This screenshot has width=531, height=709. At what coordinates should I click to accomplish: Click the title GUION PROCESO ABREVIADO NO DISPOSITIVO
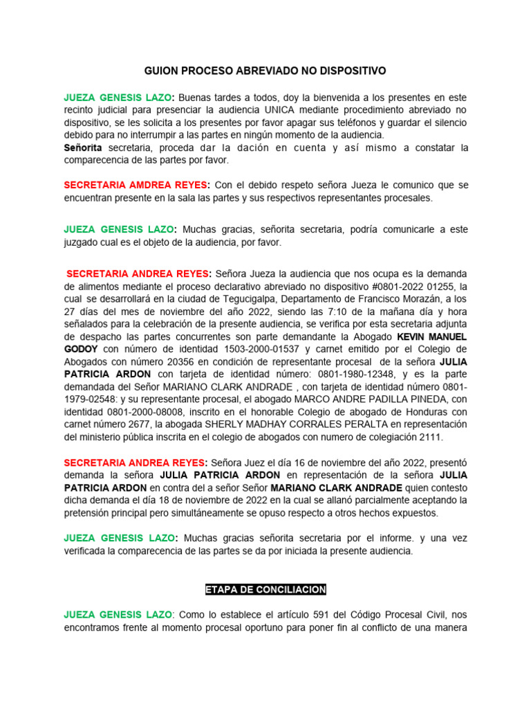[265, 71]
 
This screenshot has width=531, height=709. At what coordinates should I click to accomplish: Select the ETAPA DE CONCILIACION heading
[265, 589]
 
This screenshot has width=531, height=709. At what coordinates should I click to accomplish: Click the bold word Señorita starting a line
[83, 148]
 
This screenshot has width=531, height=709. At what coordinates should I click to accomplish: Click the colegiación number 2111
[428, 437]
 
